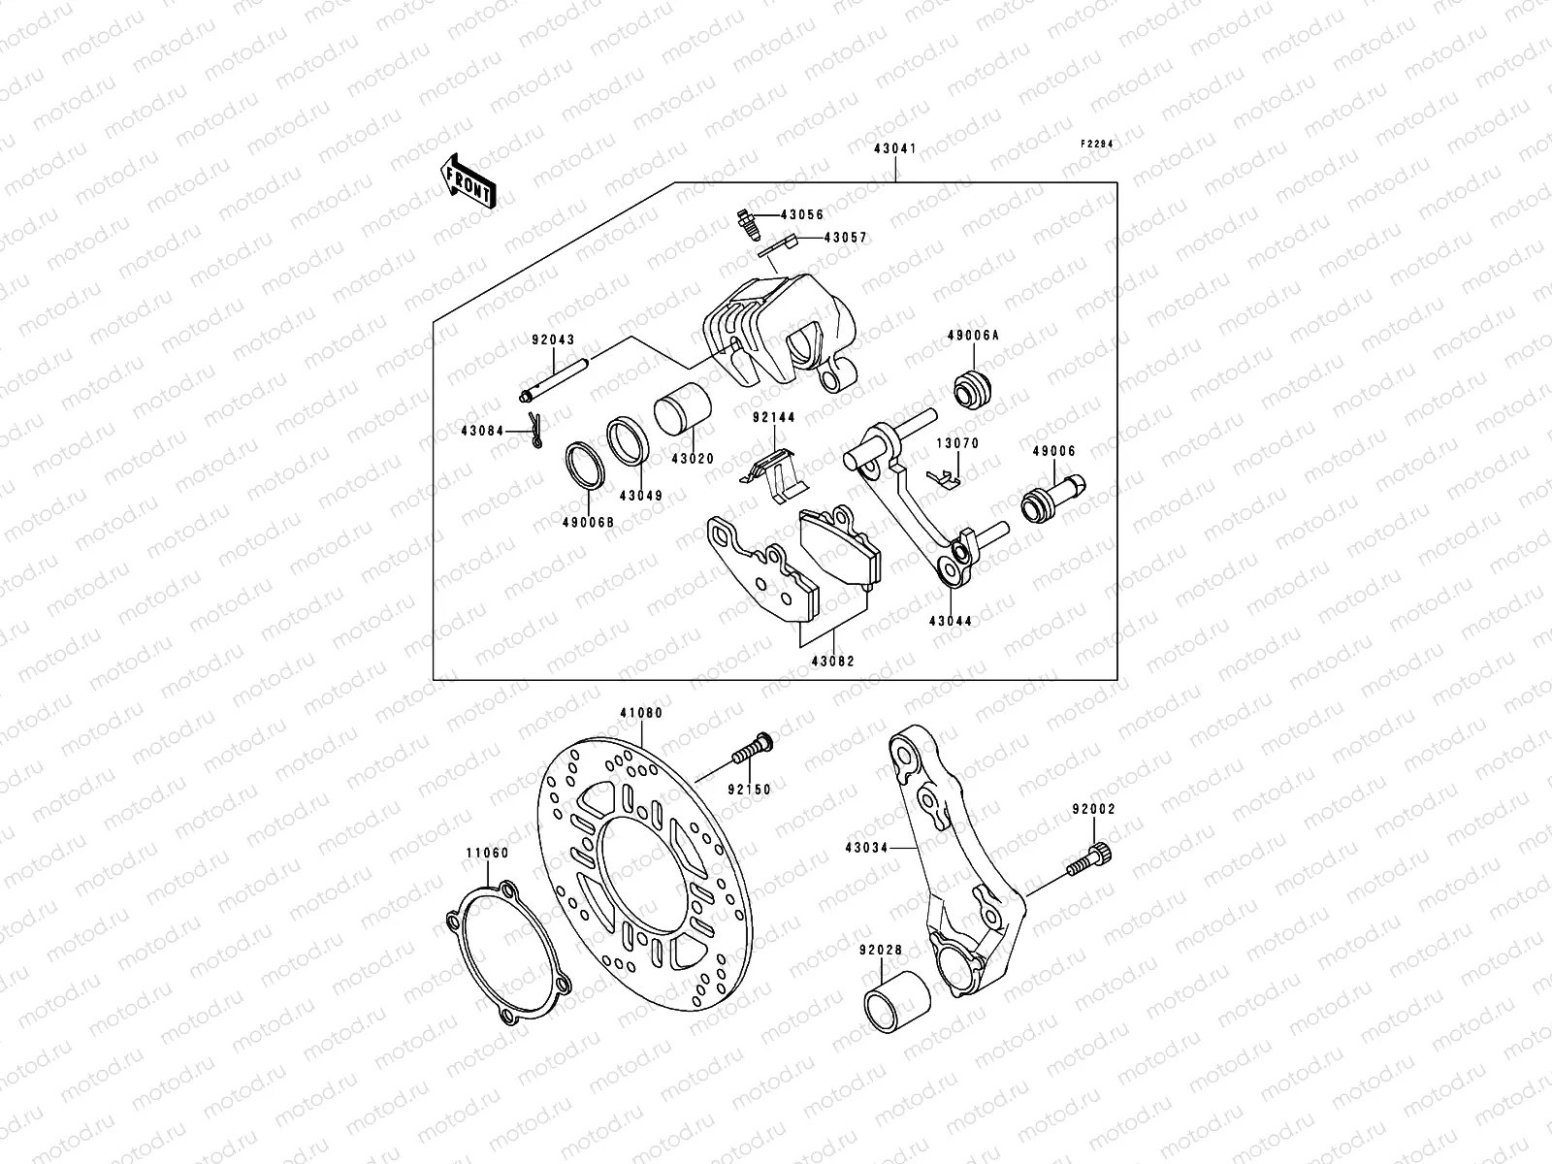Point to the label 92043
(x=553, y=340)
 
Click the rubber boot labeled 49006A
(x=973, y=388)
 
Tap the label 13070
(x=956, y=443)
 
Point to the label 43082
(x=832, y=662)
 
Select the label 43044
(x=951, y=621)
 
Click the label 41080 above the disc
(x=642, y=713)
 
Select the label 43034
(x=866, y=848)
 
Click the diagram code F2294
(x=1097, y=144)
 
